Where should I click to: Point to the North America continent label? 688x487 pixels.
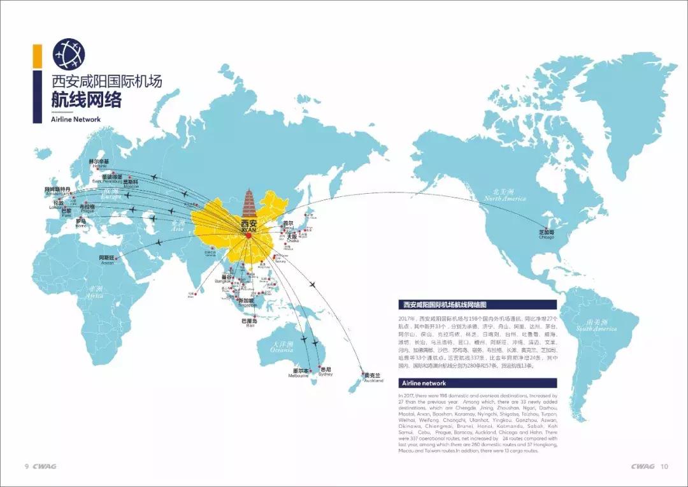pyautogui.click(x=505, y=195)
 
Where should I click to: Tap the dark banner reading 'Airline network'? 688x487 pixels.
pyautogui.click(x=477, y=383)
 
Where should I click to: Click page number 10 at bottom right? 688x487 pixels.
pyautogui.click(x=664, y=466)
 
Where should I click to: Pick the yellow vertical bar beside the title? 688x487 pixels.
pyautogui.click(x=38, y=56)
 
